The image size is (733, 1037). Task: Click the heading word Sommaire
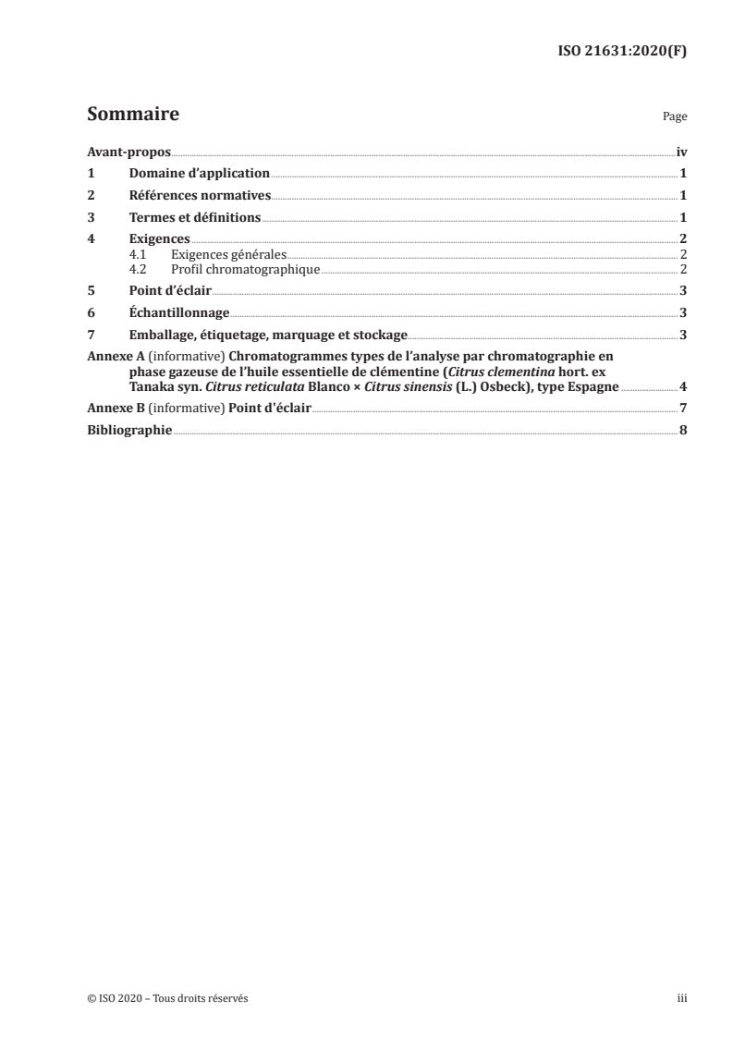[x=132, y=116]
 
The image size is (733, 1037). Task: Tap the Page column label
[x=675, y=118]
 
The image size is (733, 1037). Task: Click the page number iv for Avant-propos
[x=680, y=152]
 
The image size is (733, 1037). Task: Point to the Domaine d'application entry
[x=199, y=174]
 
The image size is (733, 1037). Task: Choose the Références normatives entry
[x=200, y=196]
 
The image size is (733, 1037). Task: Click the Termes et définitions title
[x=195, y=218]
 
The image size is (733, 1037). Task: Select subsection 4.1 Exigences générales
[x=229, y=254]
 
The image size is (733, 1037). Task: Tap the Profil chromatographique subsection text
[x=245, y=269]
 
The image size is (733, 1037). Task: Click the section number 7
[x=91, y=335]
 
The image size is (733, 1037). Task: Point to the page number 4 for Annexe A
[x=682, y=387]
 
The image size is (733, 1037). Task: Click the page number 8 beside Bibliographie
[x=682, y=432]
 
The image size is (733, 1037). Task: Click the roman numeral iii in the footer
[x=681, y=998]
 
